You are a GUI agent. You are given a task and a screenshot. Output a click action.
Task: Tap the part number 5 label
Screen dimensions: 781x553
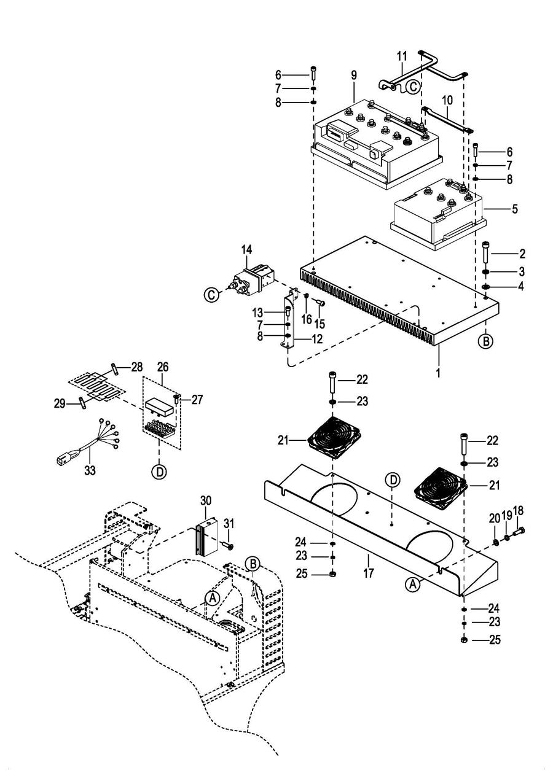(x=515, y=209)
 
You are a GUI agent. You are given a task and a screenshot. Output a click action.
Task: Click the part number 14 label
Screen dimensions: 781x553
(x=246, y=249)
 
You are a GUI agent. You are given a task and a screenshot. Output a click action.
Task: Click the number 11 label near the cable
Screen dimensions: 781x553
(x=402, y=56)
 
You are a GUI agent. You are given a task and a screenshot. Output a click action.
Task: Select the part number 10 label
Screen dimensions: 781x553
(x=447, y=99)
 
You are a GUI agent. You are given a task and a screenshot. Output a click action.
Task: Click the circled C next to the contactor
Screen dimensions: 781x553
(x=211, y=295)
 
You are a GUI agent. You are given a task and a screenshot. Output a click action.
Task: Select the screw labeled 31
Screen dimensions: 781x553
(x=228, y=544)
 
